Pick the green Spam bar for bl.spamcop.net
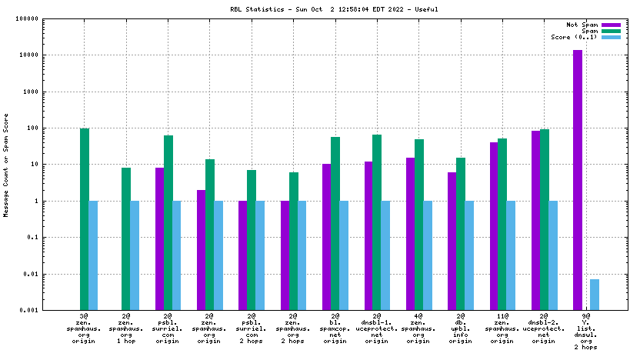click(x=335, y=223)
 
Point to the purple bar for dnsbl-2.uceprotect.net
click(x=535, y=220)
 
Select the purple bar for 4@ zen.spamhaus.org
click(x=411, y=234)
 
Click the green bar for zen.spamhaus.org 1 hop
click(x=126, y=238)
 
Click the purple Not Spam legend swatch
click(x=611, y=25)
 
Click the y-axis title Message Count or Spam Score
click(x=6, y=164)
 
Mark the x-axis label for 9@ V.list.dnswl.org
click(x=585, y=332)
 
